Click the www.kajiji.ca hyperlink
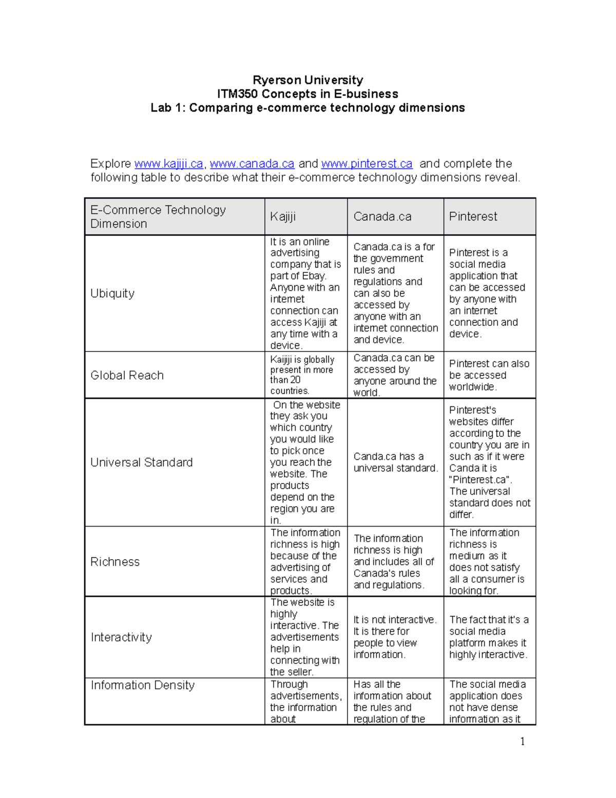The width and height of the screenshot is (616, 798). [169, 164]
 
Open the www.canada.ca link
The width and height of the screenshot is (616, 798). [252, 164]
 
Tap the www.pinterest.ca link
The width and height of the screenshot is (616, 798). [367, 164]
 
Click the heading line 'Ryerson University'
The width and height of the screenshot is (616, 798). [307, 80]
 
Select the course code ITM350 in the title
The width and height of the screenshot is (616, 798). [238, 94]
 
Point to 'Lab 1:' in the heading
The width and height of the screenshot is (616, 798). [168, 108]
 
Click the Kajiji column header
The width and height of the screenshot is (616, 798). [283, 217]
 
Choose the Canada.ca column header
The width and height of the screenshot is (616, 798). [382, 217]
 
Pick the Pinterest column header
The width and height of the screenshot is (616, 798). [473, 217]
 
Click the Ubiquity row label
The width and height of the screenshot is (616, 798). [112, 293]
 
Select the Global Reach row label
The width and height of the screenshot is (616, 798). [127, 376]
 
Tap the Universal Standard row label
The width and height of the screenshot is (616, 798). [141, 462]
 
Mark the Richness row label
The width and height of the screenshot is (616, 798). [115, 562]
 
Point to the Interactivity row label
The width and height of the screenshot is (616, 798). [121, 638]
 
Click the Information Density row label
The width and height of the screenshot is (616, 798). [143, 685]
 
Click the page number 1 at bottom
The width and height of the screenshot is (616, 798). [523, 741]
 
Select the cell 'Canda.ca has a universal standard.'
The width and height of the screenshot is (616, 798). [395, 462]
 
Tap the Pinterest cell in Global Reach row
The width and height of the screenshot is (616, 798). [489, 376]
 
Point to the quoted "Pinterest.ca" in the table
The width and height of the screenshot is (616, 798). [480, 480]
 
